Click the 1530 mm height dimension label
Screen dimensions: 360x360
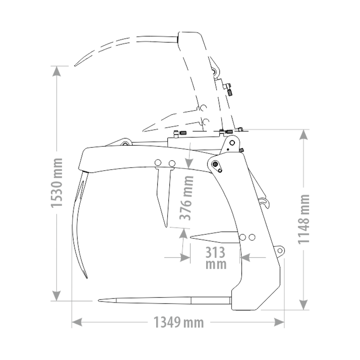point(57,183)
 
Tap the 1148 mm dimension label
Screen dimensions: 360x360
point(304,219)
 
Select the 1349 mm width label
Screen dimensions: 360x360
point(179,322)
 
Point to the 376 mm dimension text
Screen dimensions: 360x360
point(186,198)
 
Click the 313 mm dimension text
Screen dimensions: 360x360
point(216,258)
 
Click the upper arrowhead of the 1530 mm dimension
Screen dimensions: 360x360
point(57,71)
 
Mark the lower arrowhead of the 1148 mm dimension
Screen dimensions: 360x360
point(304,305)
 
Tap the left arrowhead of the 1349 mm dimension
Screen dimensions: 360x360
point(77,322)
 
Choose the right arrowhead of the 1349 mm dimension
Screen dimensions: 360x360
point(279,322)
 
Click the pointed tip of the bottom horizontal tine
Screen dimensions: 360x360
point(99,300)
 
